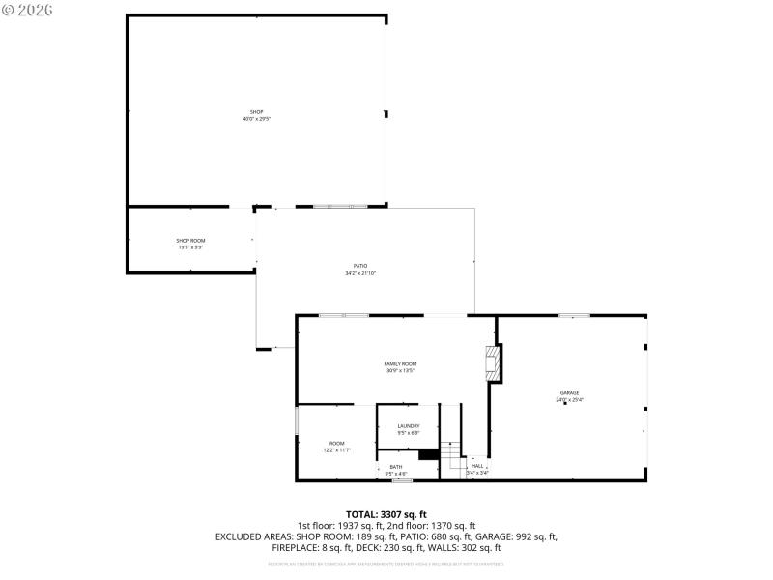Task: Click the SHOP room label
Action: [x=256, y=112]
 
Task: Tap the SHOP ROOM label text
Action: [x=190, y=241]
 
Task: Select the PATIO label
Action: [x=359, y=266]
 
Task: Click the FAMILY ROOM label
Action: [x=400, y=363]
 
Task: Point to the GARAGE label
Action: [x=568, y=392]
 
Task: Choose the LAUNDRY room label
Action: [x=408, y=426]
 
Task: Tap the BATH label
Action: [x=396, y=467]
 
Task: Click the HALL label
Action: [x=477, y=466]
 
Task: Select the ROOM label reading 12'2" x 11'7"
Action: [x=336, y=443]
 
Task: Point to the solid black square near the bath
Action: [x=429, y=454]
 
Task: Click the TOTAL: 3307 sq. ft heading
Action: [x=386, y=514]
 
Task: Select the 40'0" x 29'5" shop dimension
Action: [x=256, y=119]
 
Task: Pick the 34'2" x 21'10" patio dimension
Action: [x=359, y=274]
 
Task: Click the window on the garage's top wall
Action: [x=574, y=315]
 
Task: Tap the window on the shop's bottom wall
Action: [x=340, y=206]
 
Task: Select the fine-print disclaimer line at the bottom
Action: [x=386, y=563]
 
